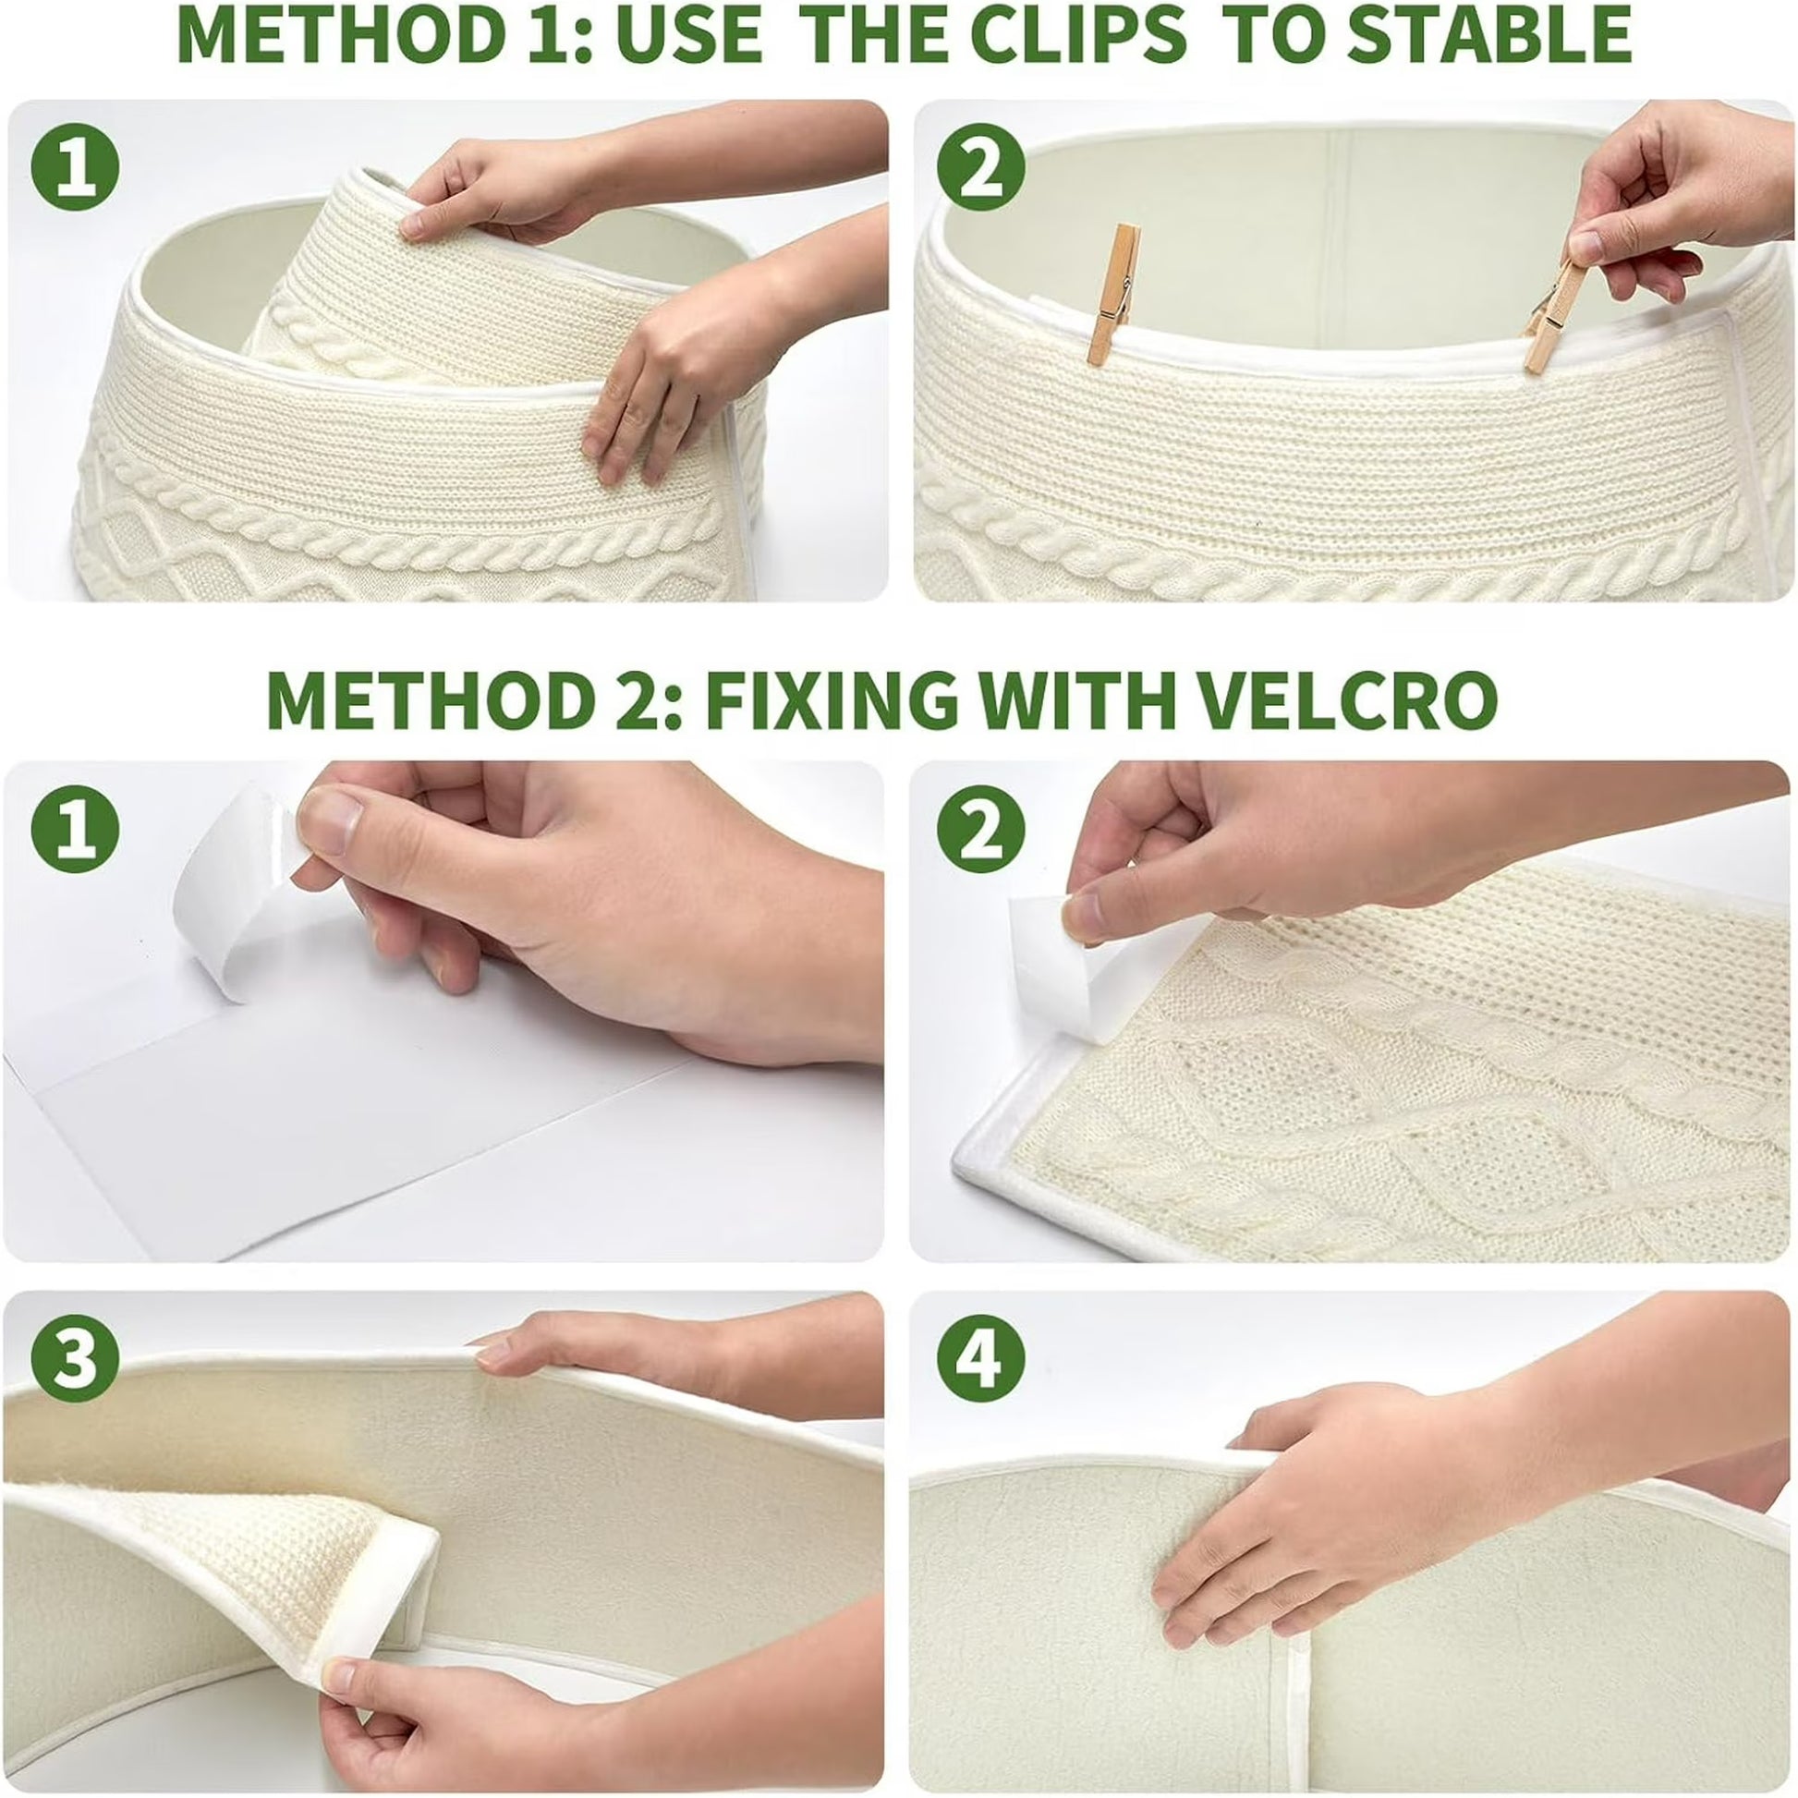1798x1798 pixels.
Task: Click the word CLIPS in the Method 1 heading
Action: (x=1078, y=34)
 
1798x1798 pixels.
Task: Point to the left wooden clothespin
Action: (x=1113, y=294)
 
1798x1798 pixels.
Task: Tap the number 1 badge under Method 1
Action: (x=76, y=167)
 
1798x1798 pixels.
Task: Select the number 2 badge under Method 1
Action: (x=980, y=167)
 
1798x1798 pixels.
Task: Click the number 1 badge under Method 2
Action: (x=76, y=828)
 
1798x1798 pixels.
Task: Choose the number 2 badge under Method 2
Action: (x=980, y=828)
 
